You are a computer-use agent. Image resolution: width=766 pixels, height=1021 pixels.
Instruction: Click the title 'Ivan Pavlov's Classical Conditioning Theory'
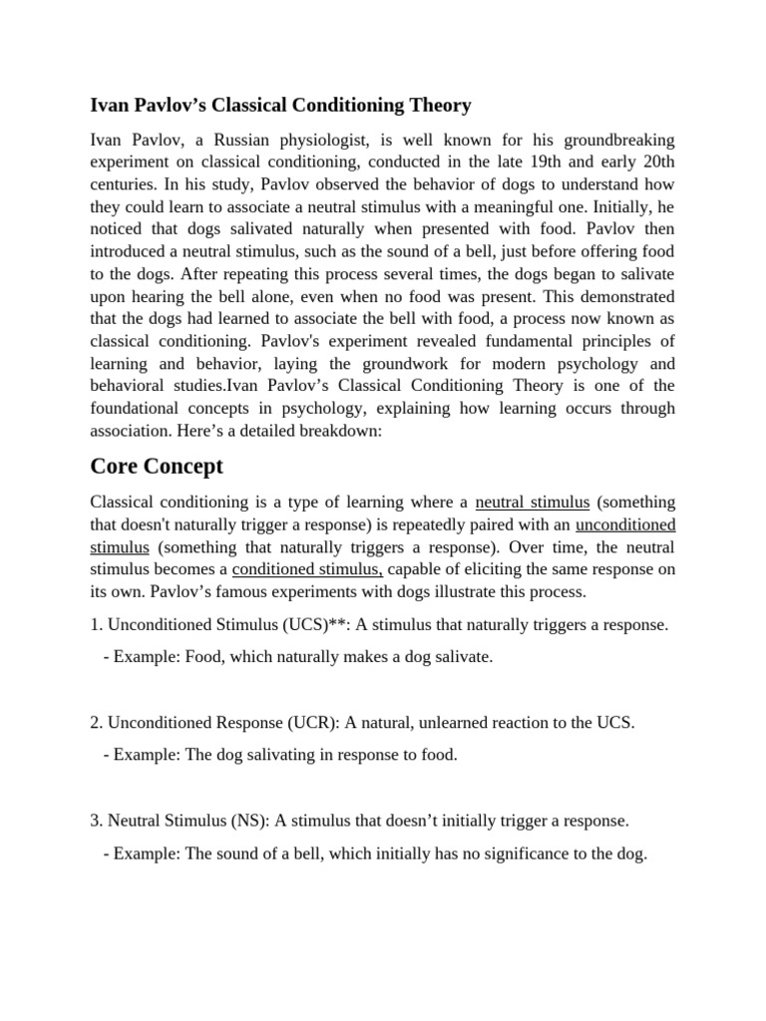[280, 105]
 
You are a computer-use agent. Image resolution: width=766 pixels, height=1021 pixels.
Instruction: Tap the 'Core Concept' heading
[157, 466]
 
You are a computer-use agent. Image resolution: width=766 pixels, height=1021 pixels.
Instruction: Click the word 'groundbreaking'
[616, 140]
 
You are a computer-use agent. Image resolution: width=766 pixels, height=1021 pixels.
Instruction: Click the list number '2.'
[97, 723]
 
